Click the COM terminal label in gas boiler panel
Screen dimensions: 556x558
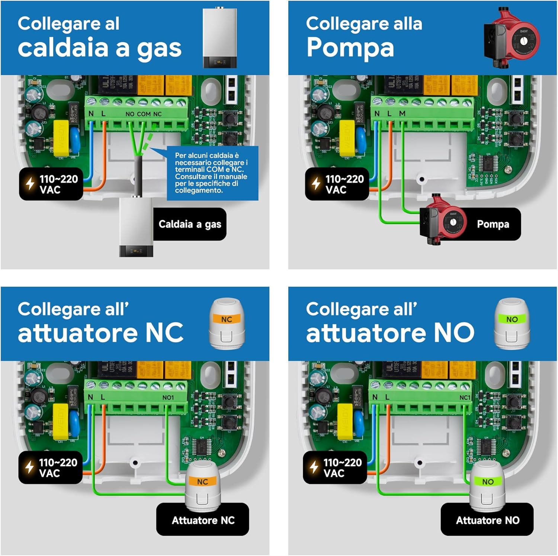144,114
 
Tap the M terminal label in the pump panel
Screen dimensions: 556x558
402,113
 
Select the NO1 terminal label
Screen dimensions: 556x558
168,398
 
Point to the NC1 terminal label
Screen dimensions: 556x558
465,398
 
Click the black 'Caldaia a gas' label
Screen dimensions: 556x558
190,224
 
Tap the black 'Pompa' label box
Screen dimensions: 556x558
493,224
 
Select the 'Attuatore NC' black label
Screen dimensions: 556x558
203,520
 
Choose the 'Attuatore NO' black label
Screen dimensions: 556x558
487,520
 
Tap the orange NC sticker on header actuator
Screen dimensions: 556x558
227,319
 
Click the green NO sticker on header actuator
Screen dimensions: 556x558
512,319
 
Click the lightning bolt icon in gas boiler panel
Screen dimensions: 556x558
30,184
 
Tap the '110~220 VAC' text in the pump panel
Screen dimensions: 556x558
344,184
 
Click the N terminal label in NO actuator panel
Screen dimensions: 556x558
375,397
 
